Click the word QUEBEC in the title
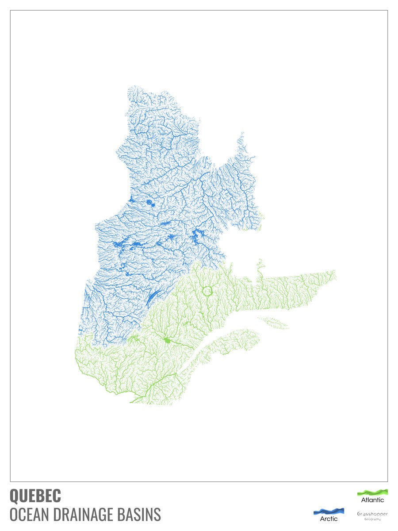pyautogui.click(x=35, y=496)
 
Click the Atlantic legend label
pyautogui.click(x=372, y=500)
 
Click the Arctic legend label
pyautogui.click(x=329, y=519)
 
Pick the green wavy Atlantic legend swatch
pyautogui.click(x=372, y=492)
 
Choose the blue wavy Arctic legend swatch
pyautogui.click(x=329, y=511)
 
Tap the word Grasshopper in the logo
pyautogui.click(x=372, y=514)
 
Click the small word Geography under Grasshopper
pyautogui.click(x=372, y=519)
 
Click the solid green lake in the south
pyautogui.click(x=167, y=340)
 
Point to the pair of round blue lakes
pyautogui.click(x=149, y=204)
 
